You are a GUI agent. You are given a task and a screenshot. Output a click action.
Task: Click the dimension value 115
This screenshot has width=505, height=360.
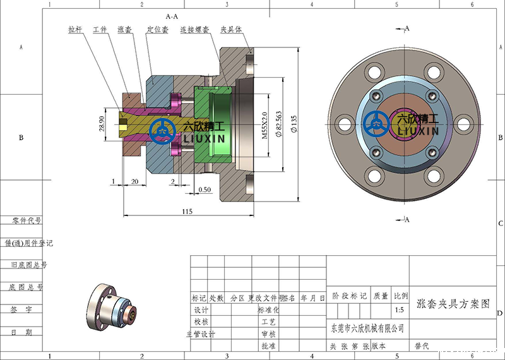(187, 211)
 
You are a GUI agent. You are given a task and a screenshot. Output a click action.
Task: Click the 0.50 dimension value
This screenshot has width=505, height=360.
(205, 189)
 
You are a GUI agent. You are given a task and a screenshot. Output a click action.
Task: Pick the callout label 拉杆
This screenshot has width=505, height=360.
(75, 30)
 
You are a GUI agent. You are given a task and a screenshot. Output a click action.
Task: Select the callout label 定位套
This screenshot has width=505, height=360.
(157, 30)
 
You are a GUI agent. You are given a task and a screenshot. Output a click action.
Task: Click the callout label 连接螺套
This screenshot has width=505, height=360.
(193, 30)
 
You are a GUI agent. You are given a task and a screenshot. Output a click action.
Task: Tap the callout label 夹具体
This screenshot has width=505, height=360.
(230, 30)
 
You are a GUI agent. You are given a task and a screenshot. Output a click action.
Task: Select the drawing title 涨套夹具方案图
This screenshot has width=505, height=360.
(453, 303)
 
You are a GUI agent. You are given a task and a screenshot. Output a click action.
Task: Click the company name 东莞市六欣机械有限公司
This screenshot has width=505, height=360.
(367, 328)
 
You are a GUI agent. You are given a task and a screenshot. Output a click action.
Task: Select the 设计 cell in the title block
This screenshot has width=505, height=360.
(201, 310)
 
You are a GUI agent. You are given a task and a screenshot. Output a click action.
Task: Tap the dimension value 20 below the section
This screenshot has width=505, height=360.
(134, 181)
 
